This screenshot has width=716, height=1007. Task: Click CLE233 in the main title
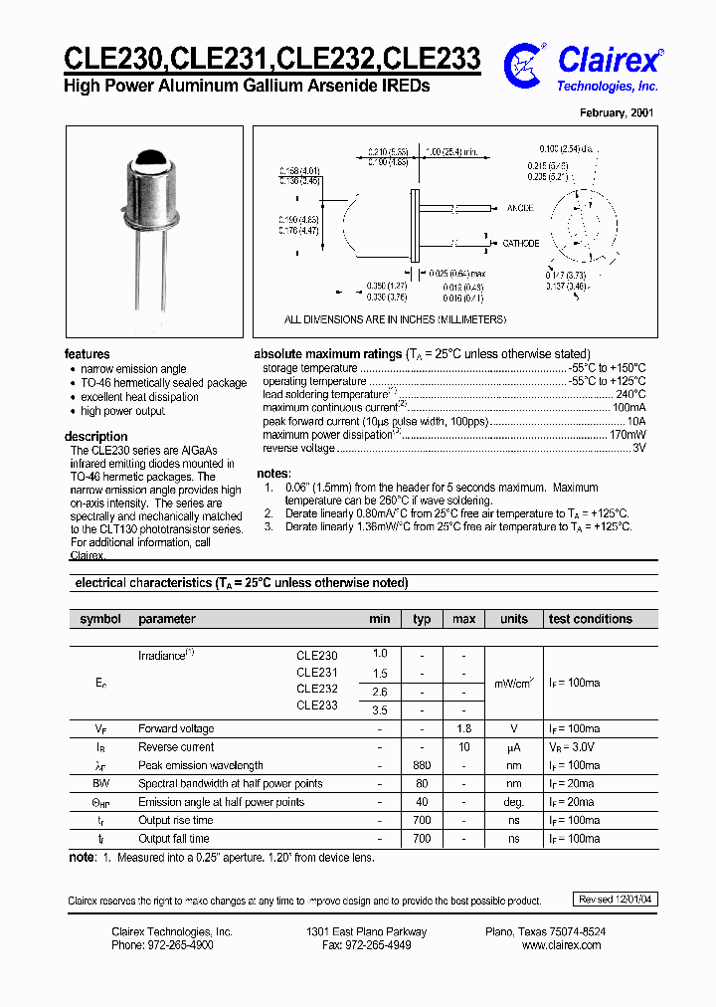(433, 60)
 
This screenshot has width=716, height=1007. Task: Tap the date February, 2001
(617, 113)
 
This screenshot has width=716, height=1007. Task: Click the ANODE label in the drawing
(520, 208)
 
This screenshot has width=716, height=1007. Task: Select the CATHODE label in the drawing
(520, 243)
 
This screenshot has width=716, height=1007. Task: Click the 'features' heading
(88, 354)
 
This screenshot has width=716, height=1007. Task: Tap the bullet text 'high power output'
(122, 411)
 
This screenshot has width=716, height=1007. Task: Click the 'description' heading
(96, 436)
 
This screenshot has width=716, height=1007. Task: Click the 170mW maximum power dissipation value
(626, 435)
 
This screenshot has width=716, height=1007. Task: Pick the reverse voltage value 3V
(639, 448)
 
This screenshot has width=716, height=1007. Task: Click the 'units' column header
(514, 619)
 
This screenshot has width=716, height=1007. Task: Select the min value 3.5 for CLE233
(380, 710)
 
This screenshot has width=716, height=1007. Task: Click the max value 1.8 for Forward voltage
(463, 729)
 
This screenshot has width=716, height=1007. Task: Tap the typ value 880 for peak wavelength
(422, 765)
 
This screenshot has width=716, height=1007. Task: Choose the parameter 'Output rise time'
(176, 820)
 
